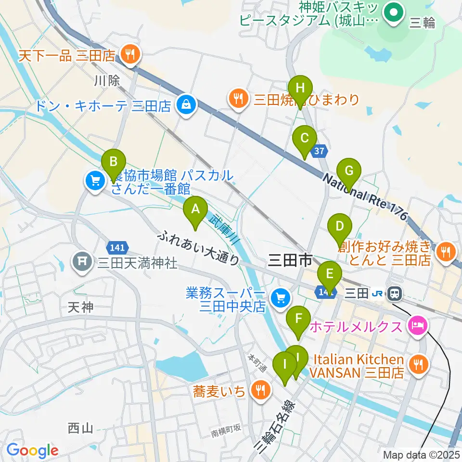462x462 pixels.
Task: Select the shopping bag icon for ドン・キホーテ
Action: pos(185,106)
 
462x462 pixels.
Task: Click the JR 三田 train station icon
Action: pos(395,292)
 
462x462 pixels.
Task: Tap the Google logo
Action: pos(33,450)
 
